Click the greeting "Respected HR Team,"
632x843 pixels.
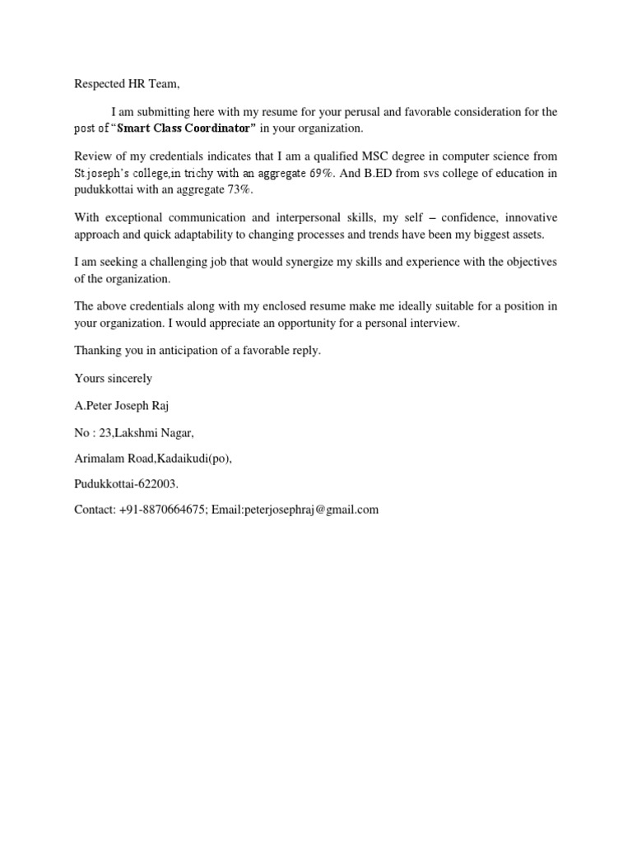click(126, 83)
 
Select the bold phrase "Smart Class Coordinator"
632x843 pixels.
click(187, 128)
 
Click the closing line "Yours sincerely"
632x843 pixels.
click(114, 378)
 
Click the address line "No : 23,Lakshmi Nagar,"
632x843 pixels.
click(135, 432)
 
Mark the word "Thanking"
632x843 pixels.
click(98, 350)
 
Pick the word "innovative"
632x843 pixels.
click(531, 217)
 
